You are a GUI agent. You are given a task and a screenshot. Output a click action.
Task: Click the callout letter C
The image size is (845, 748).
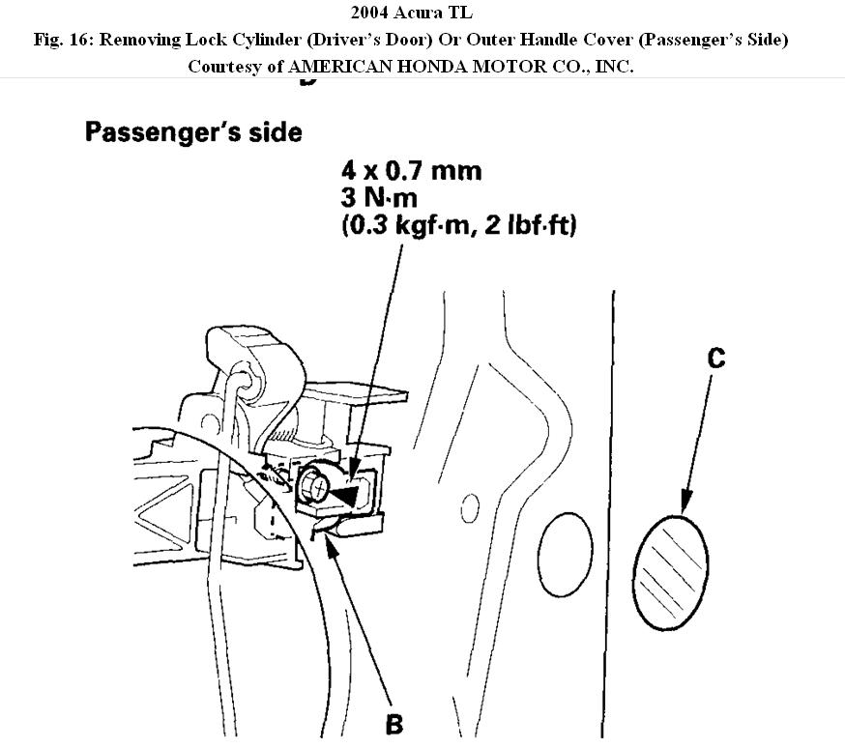[x=715, y=359]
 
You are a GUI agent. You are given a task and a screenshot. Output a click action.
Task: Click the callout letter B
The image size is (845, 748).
[x=394, y=724]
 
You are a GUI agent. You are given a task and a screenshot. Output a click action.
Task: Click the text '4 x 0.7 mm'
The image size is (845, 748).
[x=411, y=172]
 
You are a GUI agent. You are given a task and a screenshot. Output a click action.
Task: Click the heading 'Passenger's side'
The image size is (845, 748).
[x=193, y=131]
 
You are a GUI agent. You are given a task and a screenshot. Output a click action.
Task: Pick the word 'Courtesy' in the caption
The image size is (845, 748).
[x=222, y=67]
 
